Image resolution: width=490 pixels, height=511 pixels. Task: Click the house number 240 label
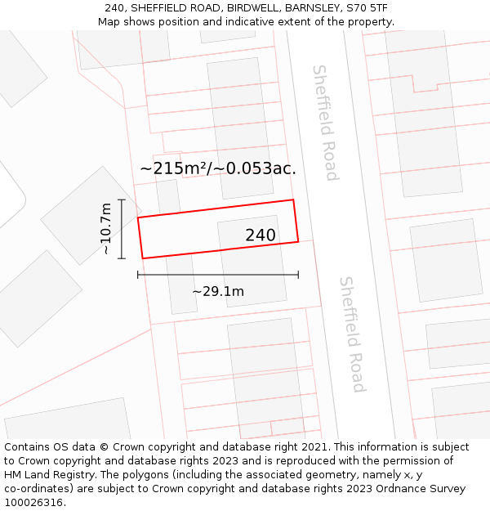pyautogui.click(x=261, y=235)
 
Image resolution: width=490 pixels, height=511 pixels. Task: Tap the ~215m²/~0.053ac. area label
pyautogui.click(x=218, y=169)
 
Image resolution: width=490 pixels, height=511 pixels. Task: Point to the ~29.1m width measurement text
pyautogui.click(x=218, y=292)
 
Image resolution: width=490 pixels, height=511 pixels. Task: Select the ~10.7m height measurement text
pyautogui.click(x=105, y=229)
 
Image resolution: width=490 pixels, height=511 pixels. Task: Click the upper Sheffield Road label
pyautogui.click(x=325, y=123)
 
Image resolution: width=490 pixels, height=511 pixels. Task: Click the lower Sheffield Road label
pyautogui.click(x=352, y=334)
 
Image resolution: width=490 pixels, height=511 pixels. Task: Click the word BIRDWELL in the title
pyautogui.click(x=254, y=7)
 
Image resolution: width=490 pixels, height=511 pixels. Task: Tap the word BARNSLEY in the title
pyautogui.click(x=312, y=7)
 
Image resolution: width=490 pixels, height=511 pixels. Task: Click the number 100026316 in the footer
pyautogui.click(x=32, y=503)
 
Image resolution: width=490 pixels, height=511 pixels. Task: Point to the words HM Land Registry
pyautogui.click(x=44, y=475)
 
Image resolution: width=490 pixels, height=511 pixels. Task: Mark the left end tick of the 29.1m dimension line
pyautogui.click(x=138, y=275)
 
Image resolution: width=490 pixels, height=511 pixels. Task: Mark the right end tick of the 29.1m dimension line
pyautogui.click(x=298, y=275)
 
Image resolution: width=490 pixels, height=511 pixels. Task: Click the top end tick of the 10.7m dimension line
pyautogui.click(x=122, y=199)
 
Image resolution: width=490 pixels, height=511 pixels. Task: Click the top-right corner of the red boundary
pyautogui.click(x=292, y=199)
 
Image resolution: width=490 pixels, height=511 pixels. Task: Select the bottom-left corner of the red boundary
pyautogui.click(x=143, y=258)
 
